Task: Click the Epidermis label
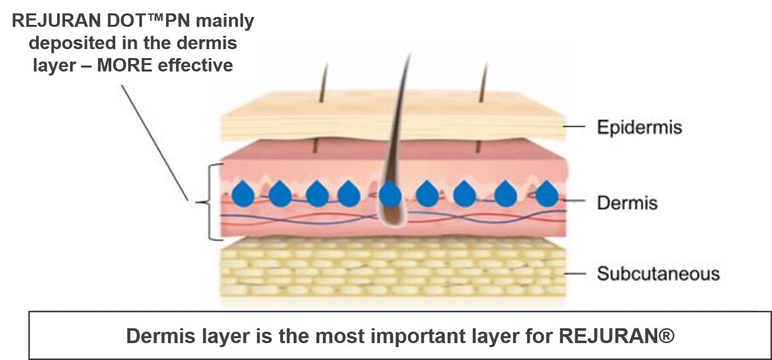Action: point(639,127)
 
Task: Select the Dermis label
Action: point(627,203)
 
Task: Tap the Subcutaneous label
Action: point(658,274)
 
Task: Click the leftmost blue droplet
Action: point(243,194)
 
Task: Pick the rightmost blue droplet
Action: point(547,194)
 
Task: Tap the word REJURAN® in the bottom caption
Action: point(618,336)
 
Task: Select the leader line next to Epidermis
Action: point(576,127)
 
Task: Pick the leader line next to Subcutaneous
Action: point(576,274)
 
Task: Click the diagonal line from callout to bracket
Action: point(154,144)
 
